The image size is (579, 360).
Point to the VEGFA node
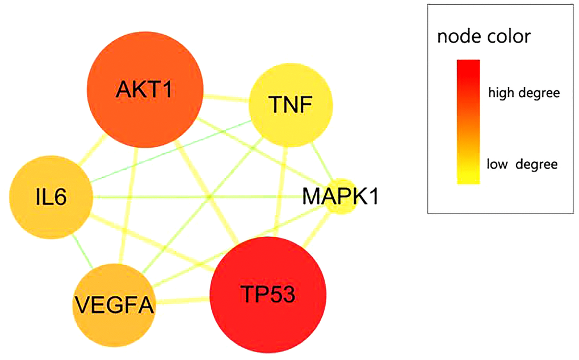(x=114, y=304)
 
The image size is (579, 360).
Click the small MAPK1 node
(x=341, y=199)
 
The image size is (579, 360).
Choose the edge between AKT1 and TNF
(x=227, y=99)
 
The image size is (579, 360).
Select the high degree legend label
(x=523, y=93)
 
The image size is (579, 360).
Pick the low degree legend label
(x=522, y=165)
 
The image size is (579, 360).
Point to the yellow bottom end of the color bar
(x=468, y=179)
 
